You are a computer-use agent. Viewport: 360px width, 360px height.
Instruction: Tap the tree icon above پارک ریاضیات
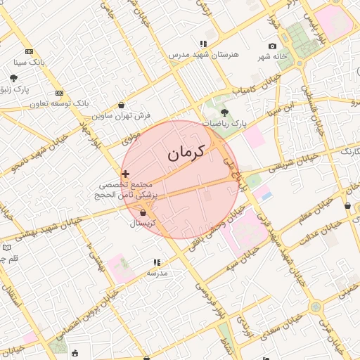224,112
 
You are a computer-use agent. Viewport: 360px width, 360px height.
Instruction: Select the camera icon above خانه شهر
273,46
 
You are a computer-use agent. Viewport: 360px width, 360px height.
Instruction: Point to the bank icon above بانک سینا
29,51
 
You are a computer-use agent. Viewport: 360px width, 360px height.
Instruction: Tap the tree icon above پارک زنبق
14,78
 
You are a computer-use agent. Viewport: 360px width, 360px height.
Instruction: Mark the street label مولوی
131,140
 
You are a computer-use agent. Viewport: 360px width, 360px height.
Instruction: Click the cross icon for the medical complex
126,173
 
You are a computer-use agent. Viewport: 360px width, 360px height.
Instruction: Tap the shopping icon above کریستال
143,212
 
